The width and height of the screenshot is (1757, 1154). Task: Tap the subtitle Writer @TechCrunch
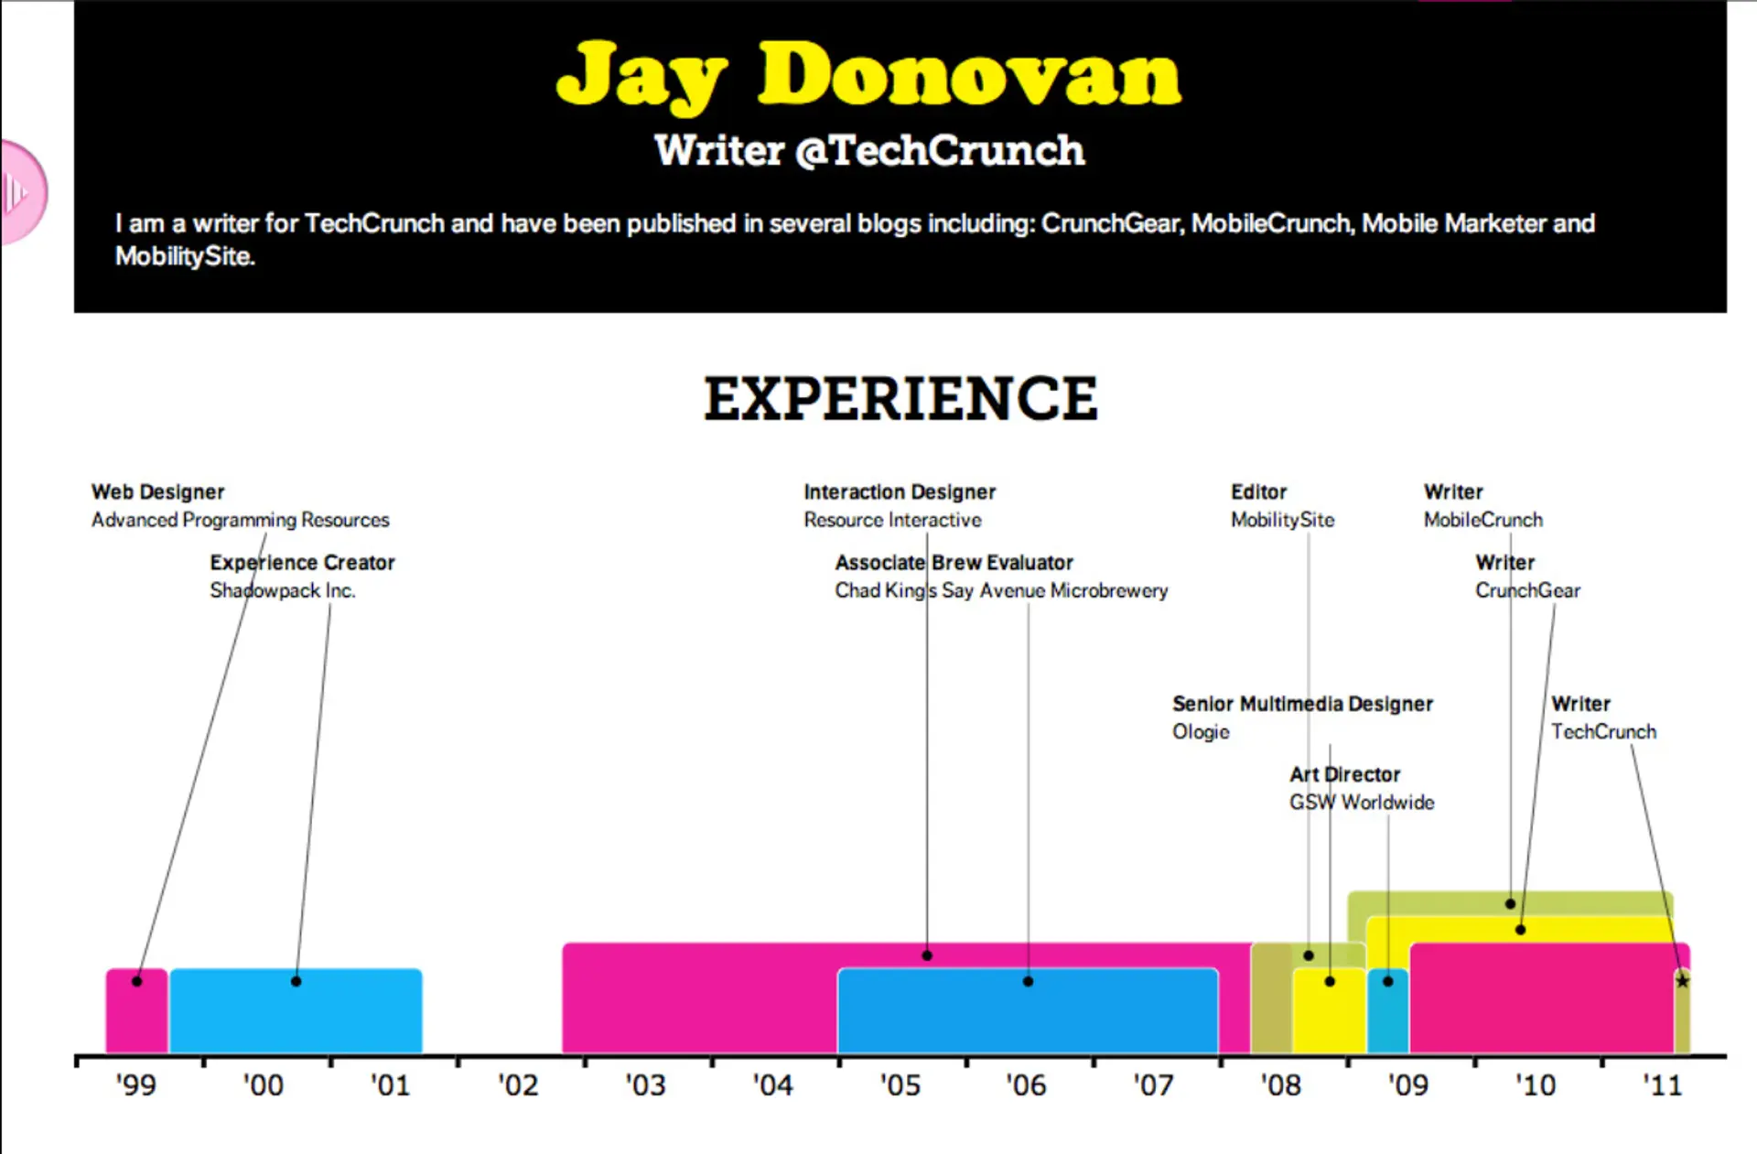(x=869, y=151)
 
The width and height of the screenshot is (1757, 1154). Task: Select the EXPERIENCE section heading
(x=900, y=399)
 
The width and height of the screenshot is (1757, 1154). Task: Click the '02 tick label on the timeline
(x=518, y=1085)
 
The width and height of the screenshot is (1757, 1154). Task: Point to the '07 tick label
(x=1153, y=1085)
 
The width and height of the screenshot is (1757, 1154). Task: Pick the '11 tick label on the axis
(x=1662, y=1085)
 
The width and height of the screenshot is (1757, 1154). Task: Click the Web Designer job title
(x=157, y=492)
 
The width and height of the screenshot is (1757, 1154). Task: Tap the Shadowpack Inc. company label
(x=282, y=591)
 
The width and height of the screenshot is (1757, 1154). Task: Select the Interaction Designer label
(x=900, y=492)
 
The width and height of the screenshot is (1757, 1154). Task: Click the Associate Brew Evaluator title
(x=954, y=563)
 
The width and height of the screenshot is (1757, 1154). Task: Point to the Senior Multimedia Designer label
(x=1302, y=704)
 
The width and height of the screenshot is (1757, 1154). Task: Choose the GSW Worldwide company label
(x=1362, y=803)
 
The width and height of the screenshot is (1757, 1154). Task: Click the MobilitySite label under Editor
(x=1282, y=520)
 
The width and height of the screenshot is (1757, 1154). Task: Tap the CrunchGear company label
(x=1527, y=591)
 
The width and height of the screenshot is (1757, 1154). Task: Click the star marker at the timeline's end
(x=1682, y=981)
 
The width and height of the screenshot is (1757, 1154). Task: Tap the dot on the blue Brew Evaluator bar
(x=1028, y=981)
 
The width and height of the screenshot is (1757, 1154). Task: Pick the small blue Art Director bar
(x=1387, y=1016)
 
